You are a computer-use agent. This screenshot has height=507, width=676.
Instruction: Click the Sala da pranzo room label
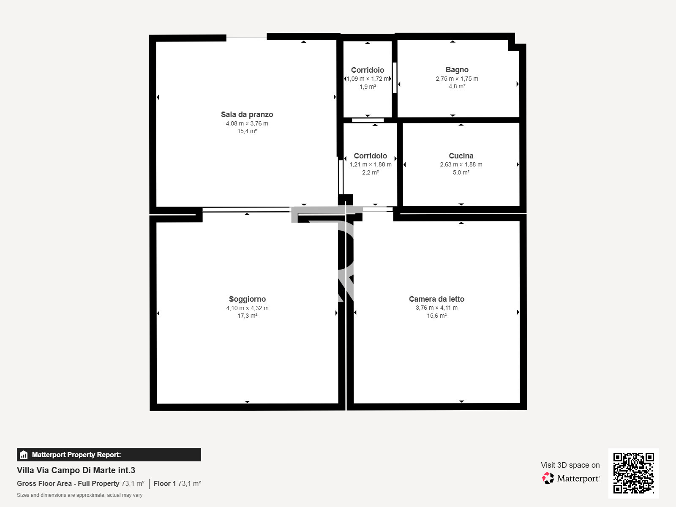point(247,114)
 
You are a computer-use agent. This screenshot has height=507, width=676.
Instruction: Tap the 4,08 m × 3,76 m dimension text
point(247,123)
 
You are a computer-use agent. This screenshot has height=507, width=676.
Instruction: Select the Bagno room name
point(457,70)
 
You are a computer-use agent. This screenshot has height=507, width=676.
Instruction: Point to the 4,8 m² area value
point(457,86)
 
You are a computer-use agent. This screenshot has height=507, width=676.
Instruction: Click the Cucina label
point(461,156)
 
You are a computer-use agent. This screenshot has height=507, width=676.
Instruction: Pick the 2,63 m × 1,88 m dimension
point(461,164)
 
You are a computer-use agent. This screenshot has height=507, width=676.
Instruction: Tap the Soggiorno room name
point(247,299)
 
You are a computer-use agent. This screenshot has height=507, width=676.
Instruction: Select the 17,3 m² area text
point(247,316)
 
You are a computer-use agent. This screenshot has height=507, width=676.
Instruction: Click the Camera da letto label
point(436,299)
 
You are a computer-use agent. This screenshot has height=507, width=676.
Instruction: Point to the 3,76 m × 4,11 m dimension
point(436,308)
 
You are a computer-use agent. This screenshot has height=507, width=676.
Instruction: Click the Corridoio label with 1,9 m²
point(368,70)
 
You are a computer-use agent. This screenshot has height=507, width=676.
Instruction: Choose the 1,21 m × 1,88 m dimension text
point(370,164)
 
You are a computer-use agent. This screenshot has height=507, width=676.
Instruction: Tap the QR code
point(633,473)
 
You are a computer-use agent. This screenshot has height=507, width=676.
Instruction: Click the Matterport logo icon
point(548,478)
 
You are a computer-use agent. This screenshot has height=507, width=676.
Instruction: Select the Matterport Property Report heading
point(76,455)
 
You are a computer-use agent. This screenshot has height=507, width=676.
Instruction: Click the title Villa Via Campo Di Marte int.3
point(76,470)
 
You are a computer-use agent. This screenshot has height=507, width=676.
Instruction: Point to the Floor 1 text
point(164,483)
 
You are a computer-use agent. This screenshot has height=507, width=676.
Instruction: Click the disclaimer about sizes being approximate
point(79,495)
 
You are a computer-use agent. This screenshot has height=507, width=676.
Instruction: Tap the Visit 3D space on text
point(570,465)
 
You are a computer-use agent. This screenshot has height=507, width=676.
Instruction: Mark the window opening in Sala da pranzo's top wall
point(246,38)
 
